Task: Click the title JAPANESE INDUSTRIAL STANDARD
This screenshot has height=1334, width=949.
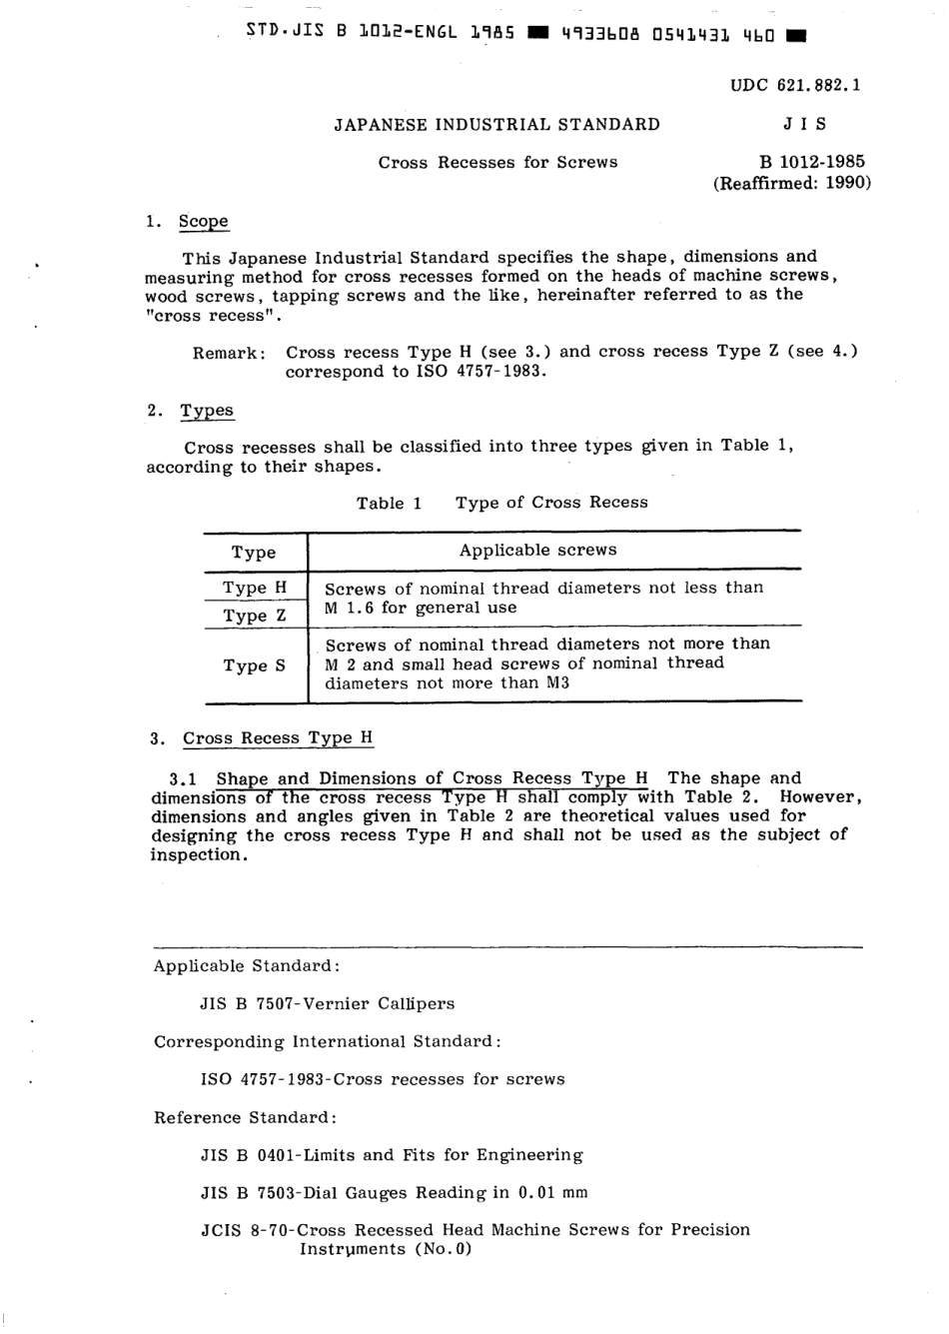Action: (496, 125)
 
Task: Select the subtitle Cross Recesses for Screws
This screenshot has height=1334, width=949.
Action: (497, 162)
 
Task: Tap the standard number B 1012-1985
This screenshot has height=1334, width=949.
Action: (812, 162)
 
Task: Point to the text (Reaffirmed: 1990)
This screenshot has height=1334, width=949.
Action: (791, 183)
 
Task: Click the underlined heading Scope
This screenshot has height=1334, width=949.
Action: (203, 221)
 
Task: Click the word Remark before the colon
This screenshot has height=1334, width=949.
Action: (226, 353)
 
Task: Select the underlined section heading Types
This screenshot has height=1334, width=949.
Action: (206, 411)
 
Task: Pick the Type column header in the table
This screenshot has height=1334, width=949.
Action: (254, 553)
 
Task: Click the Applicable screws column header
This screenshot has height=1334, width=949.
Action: (537, 551)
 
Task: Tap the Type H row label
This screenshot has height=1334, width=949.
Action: (254, 588)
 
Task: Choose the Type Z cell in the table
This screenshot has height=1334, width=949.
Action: (254, 616)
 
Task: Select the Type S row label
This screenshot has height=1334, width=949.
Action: (254, 666)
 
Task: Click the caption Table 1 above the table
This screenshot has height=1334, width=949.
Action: (389, 503)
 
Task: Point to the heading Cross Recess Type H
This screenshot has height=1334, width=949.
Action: (278, 738)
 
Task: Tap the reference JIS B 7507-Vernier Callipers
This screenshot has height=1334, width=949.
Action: (327, 1003)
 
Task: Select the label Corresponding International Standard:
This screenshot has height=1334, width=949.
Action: (327, 1041)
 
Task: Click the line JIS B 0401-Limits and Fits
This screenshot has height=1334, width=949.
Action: (392, 1155)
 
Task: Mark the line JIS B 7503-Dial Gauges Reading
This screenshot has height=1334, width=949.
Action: (394, 1192)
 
